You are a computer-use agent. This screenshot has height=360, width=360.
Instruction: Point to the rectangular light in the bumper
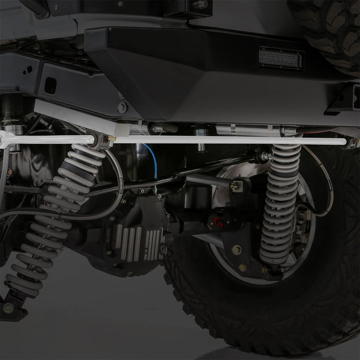pos(281,58)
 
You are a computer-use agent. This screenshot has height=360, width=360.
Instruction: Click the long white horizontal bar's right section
pos(231,140)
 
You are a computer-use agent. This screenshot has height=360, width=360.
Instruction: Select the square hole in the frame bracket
pos(50,86)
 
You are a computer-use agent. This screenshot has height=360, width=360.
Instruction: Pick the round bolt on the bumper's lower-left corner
pos(122,107)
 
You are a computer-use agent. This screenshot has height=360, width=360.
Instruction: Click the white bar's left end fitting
pos(6,139)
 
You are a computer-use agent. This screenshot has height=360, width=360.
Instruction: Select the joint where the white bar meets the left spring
pos(99,140)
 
